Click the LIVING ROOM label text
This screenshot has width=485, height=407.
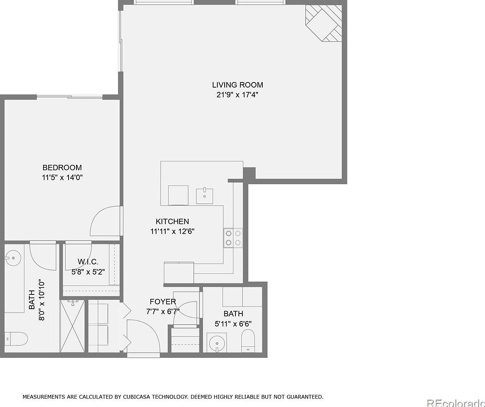click(x=237, y=84)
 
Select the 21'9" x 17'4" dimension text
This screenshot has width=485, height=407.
click(x=237, y=95)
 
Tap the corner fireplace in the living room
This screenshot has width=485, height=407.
click(x=324, y=23)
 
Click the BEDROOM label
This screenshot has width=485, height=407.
click(x=62, y=168)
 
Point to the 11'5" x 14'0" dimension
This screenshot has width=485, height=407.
click(x=62, y=178)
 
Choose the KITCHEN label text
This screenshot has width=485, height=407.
click(x=172, y=222)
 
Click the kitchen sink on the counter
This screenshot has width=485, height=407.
click(x=204, y=196)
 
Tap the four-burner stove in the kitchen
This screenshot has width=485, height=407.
click(x=233, y=238)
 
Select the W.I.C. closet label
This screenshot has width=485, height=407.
click(x=88, y=262)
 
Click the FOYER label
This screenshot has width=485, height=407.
click(x=162, y=302)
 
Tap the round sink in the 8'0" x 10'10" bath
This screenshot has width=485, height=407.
click(x=13, y=258)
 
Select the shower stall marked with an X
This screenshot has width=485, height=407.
click(x=72, y=326)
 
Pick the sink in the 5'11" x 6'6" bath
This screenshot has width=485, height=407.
click(x=217, y=342)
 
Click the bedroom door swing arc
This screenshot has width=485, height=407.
click(x=104, y=222)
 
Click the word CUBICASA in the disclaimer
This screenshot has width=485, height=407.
click(x=130, y=396)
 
